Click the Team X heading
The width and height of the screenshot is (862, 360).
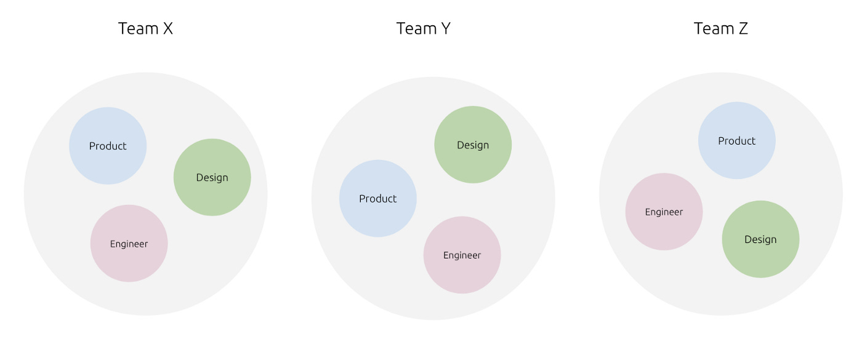pyautogui.click(x=145, y=29)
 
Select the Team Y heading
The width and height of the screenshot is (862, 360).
pyautogui.click(x=423, y=29)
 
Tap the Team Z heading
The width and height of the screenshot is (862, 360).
pyautogui.click(x=720, y=29)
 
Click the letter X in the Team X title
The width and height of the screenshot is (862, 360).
pyautogui.click(x=167, y=29)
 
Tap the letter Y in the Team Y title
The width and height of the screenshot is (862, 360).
pyautogui.click(x=445, y=29)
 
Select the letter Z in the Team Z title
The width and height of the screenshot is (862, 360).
pyautogui.click(x=743, y=29)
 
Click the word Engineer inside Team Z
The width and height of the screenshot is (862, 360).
pyautogui.click(x=664, y=212)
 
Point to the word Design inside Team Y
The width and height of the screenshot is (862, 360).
pyautogui.click(x=473, y=145)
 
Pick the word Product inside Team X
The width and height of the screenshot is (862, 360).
pyautogui.click(x=108, y=146)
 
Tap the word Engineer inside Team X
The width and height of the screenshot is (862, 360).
pyautogui.click(x=129, y=244)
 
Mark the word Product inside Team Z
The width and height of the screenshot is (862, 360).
pyautogui.click(x=736, y=141)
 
